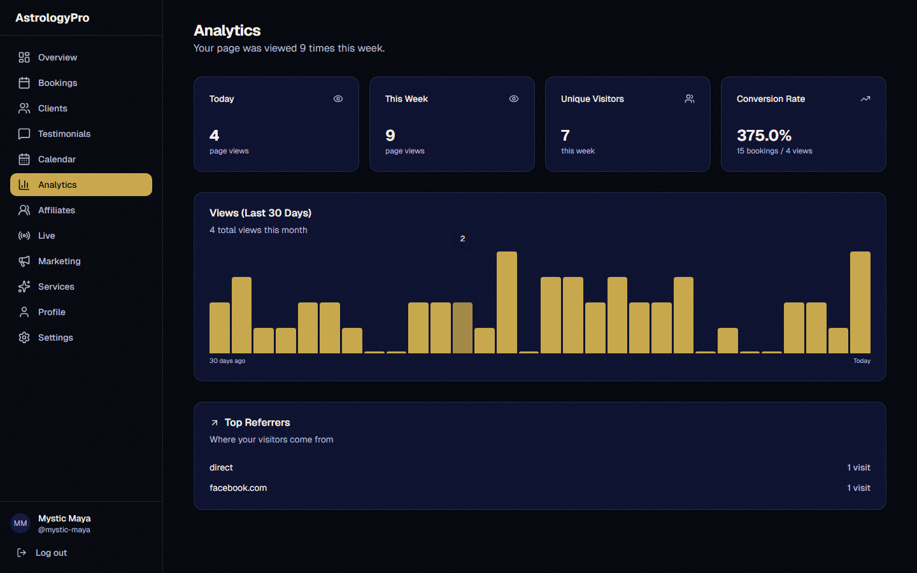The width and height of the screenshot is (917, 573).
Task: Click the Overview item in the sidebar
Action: (x=57, y=57)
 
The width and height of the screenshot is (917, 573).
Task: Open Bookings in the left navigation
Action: (x=57, y=83)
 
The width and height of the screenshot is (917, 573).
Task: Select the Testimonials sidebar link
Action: (x=64, y=134)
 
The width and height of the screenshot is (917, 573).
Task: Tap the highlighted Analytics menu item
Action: (x=81, y=185)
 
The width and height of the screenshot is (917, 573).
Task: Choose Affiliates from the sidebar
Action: (x=56, y=210)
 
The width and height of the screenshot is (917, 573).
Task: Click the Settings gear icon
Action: (x=24, y=337)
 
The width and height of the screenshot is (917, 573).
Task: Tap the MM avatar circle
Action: (x=20, y=523)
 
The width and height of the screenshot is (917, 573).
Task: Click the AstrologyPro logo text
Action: (x=52, y=18)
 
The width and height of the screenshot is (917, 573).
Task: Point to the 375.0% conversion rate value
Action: (x=764, y=136)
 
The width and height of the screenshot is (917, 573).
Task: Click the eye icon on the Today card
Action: (x=338, y=99)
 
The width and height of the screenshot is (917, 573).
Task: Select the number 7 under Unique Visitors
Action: (x=565, y=136)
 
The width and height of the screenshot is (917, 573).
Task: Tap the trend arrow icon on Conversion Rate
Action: (x=865, y=99)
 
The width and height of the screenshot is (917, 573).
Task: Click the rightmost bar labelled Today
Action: (x=860, y=302)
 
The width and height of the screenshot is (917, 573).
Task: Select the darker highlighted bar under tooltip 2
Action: (x=462, y=328)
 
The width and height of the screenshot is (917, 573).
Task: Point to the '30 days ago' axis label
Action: (x=227, y=361)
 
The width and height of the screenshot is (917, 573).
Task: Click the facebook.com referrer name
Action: (x=238, y=488)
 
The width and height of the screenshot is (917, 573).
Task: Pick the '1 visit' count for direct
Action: (x=858, y=467)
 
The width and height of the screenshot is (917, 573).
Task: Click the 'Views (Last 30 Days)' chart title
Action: (x=260, y=213)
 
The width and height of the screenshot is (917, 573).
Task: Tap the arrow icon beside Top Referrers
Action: (x=215, y=423)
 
